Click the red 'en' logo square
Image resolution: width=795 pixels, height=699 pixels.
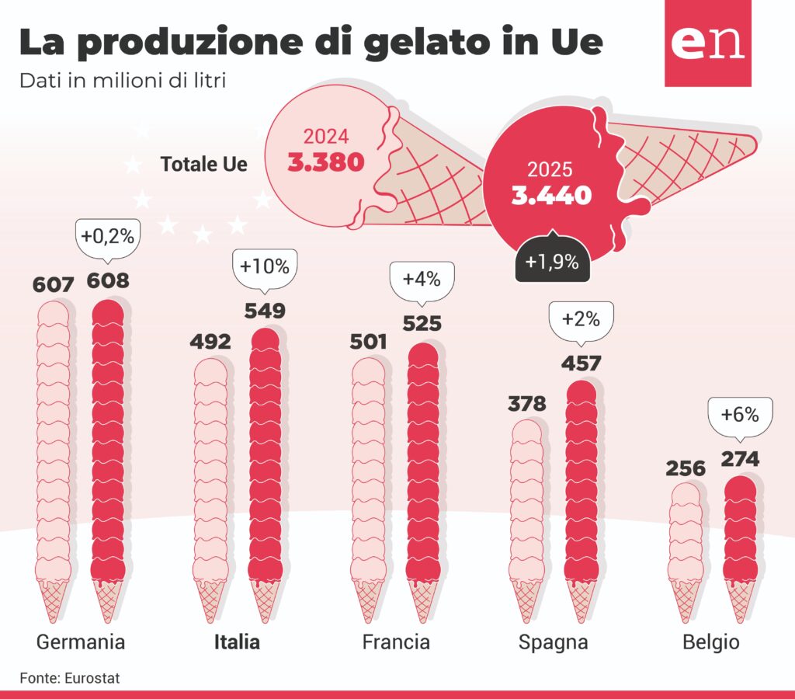[x=708, y=43]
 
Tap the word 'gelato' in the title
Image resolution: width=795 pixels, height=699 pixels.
[x=426, y=43]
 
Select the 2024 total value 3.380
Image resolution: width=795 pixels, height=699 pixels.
[x=326, y=162]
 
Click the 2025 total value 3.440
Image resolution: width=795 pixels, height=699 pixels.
[x=552, y=195]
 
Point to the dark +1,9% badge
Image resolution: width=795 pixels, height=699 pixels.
[x=553, y=260]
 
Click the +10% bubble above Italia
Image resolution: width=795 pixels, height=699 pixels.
[x=265, y=267]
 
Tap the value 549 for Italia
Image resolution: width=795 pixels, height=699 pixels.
[x=265, y=311]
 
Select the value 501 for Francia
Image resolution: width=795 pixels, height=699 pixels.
[x=368, y=342]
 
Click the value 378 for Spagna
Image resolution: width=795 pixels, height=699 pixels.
[x=527, y=404]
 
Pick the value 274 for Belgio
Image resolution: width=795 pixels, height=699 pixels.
[x=740, y=459]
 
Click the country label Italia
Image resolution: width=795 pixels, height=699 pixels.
[x=237, y=642]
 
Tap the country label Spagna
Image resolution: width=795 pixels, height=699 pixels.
[x=553, y=643]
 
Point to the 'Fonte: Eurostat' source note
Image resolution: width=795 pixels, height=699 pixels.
[x=70, y=678]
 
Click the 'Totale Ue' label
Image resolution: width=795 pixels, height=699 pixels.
[x=204, y=165]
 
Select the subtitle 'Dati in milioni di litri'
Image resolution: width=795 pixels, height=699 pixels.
[x=123, y=80]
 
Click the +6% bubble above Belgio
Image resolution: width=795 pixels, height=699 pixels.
[x=740, y=415]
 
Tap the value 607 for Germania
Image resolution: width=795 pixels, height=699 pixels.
[x=54, y=285]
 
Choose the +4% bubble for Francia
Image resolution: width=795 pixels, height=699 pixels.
[x=422, y=280]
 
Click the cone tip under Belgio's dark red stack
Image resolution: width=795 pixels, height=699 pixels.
[x=740, y=621]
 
